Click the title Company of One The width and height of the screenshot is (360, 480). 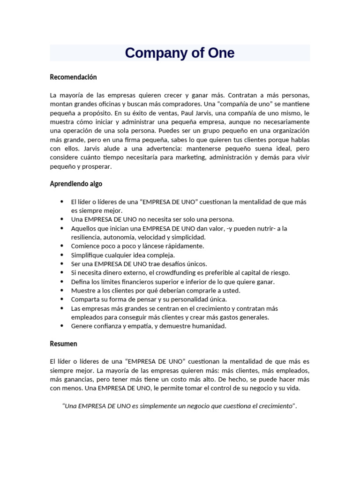click(180, 53)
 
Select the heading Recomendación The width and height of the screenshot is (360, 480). click(73, 77)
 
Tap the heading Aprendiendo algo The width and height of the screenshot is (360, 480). click(76, 184)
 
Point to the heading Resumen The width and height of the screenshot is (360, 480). click(63, 344)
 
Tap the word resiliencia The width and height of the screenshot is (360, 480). click(89, 237)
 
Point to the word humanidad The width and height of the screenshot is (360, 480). click(207, 326)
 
